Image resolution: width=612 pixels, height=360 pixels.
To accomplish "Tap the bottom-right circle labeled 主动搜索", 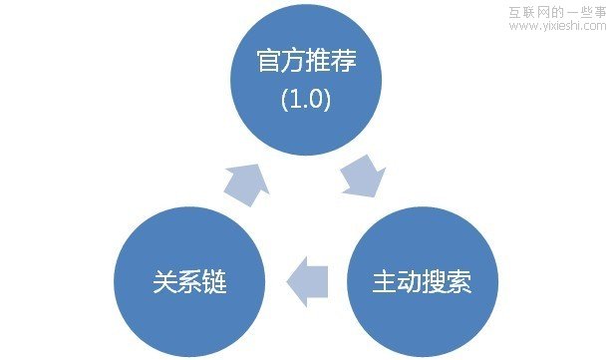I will (x=422, y=281).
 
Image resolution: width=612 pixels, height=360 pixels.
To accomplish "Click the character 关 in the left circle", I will (x=163, y=282).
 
